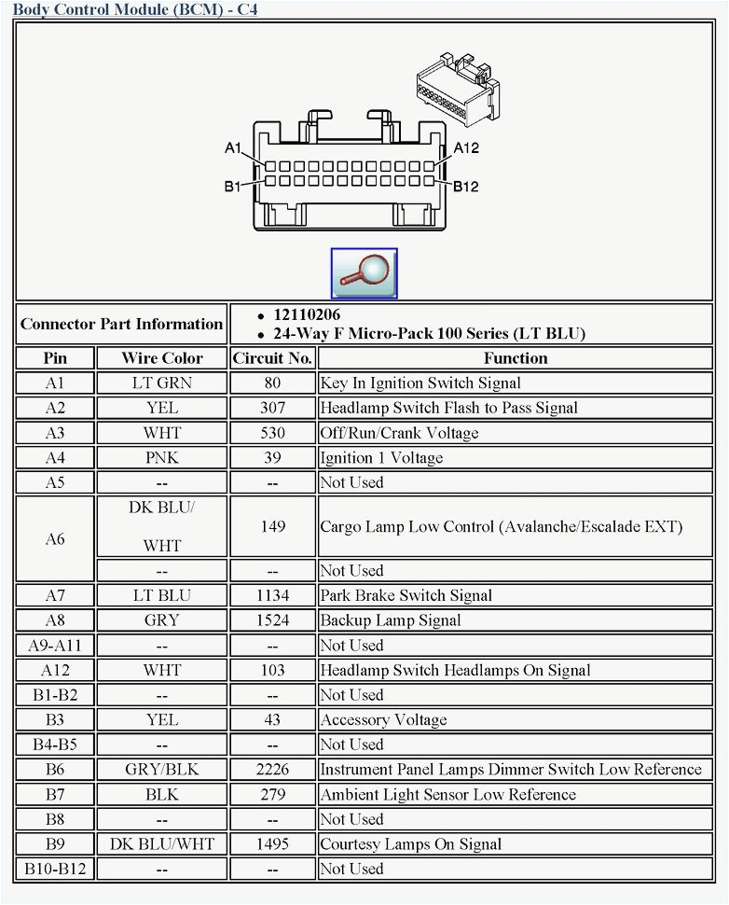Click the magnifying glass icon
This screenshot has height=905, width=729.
tap(364, 272)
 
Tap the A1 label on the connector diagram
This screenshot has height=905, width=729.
tap(233, 148)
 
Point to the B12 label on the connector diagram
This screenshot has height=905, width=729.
tap(466, 187)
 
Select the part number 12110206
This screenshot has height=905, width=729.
tap(306, 315)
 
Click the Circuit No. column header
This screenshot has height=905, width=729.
tap(272, 358)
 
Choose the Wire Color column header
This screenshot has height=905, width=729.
tap(161, 358)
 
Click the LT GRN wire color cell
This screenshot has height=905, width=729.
tap(161, 383)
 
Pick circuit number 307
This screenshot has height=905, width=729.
tap(272, 408)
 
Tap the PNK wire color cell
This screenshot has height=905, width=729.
tap(161, 458)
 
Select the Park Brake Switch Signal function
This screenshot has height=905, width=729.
tap(406, 595)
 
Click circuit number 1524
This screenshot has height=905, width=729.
tap(272, 620)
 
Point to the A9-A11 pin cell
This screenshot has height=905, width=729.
tap(55, 646)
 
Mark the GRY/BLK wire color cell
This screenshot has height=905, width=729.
tap(161, 770)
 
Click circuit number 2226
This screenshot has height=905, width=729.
tap(272, 770)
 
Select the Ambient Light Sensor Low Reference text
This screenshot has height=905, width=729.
tap(447, 795)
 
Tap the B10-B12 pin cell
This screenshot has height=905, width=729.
tap(55, 870)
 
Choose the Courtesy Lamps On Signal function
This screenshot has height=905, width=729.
tap(410, 844)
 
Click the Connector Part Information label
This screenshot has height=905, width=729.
tap(121, 325)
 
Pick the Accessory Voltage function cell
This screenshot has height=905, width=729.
tap(383, 720)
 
